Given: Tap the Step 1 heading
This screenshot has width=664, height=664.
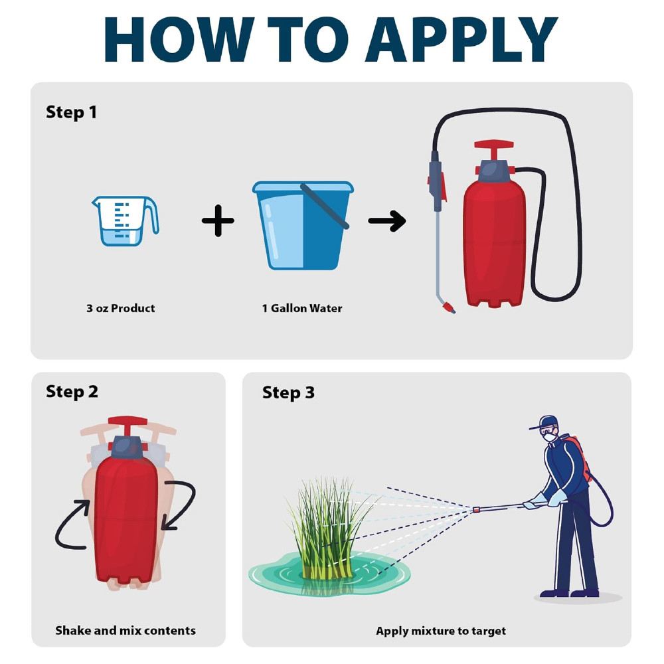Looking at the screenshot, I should [71, 112].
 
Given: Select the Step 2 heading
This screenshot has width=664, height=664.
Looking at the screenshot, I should [72, 392].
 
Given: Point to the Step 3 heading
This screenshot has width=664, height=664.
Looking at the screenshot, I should [288, 392].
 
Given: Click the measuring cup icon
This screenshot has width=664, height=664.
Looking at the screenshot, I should [125, 220].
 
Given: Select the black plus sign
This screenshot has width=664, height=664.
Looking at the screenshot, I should [218, 221].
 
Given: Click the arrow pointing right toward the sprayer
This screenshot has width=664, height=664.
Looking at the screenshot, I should [387, 221].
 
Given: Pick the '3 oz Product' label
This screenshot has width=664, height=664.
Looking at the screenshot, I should [120, 308].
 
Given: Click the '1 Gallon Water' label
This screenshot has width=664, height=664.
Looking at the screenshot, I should [302, 308].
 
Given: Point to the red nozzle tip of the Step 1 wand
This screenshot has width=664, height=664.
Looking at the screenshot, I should [450, 307].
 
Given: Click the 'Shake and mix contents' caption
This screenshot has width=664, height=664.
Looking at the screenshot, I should [125, 630].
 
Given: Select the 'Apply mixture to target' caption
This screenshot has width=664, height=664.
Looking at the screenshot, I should [440, 631].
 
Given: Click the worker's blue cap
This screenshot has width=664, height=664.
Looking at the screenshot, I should [547, 422].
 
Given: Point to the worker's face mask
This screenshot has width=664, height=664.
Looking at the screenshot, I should [549, 438].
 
